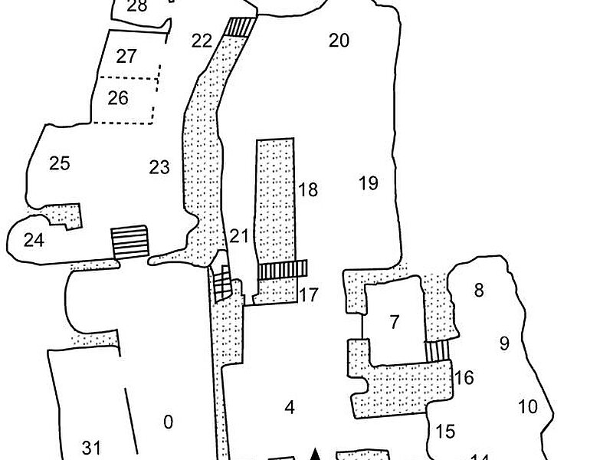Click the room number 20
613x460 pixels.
coord(339,41)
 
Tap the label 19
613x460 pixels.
coord(369,183)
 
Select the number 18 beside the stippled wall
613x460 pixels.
coord(308,190)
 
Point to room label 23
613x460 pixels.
coord(159,167)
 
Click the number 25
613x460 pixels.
coord(60,163)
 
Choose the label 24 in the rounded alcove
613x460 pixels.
coord(34,241)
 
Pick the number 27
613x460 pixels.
coord(126,57)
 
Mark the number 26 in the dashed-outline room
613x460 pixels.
coord(118,98)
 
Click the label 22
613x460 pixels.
coord(201,41)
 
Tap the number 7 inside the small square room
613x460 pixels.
coord(395,322)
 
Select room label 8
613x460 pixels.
coord(480,291)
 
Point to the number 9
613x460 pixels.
coord(504,343)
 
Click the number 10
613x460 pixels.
coord(528,406)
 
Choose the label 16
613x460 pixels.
coord(464,377)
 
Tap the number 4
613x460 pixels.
coord(290,408)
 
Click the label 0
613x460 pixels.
coord(169,422)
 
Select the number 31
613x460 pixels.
coord(91,449)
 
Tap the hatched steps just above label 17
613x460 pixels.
coord(282,269)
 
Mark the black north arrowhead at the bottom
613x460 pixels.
coord(314,453)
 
